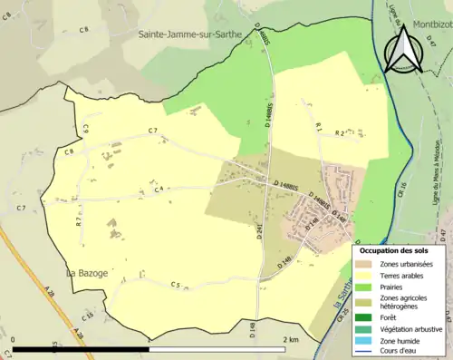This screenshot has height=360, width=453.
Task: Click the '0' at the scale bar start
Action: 14,339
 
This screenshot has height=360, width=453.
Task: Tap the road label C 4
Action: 158,190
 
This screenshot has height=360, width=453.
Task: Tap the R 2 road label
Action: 341,132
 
